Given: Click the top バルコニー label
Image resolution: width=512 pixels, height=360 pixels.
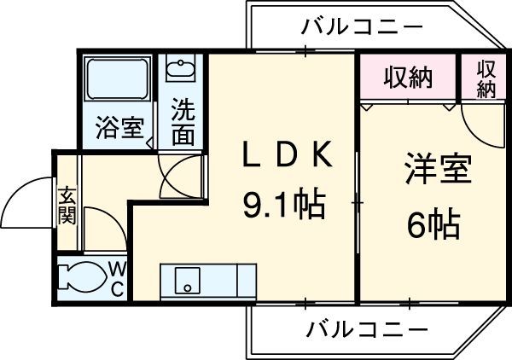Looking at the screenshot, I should pos(362,27).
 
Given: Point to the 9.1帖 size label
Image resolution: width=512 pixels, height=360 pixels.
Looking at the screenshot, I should pos(282,204).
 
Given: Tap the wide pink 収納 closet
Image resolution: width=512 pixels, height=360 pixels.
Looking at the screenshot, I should pos(407,78).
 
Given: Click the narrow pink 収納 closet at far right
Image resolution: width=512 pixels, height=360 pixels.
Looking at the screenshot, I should pos(485,78).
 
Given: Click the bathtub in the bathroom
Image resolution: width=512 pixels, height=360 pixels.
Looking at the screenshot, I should pos(118,82).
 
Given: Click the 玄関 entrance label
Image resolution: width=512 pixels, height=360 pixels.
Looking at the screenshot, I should pos(67,204).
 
